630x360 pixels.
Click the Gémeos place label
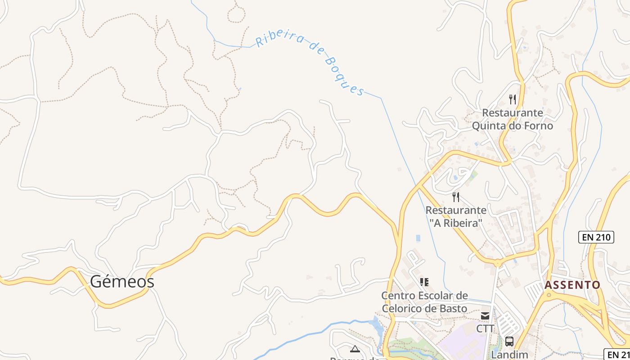pos(122,282)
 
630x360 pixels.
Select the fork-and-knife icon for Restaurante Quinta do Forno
pos(512,99)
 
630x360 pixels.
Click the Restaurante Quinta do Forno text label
pos(512,119)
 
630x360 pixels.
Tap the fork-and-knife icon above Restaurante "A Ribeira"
pos(456,197)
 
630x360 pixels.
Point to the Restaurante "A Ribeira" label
pos(456,216)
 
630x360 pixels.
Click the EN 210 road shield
pos(596,237)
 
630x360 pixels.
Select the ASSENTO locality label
pos(572,285)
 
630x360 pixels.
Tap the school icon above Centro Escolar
pos(424,282)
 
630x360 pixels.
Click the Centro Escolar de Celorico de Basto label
pos(424,302)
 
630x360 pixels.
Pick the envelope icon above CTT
pos(485,316)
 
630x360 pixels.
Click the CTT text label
pos(485,329)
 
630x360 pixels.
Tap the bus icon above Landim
pos(509,342)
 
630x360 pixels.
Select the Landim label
pos(509,355)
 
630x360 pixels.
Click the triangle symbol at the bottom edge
pos(355,349)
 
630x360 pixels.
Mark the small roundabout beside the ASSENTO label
pos(548,295)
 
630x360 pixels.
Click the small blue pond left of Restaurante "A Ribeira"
pos(418,238)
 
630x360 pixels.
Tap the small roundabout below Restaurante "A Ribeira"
pos(498,262)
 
